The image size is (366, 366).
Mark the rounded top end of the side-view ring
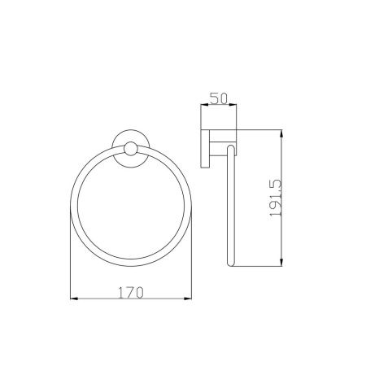pos(231,146)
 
